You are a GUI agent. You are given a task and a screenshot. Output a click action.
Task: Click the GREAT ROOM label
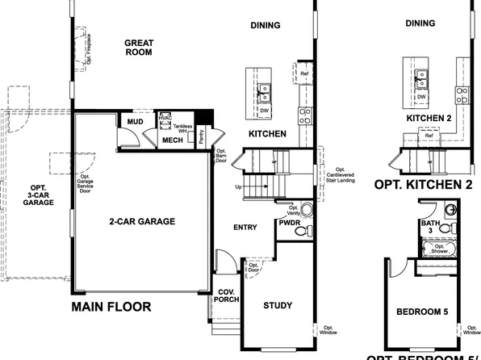point(139,49)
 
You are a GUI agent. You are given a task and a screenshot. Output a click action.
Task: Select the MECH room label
point(173,139)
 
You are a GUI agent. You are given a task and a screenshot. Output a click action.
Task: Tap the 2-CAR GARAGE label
point(142,220)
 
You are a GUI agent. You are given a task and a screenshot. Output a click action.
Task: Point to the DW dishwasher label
point(264,111)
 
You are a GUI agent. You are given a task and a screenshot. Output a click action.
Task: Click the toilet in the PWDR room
point(302,231)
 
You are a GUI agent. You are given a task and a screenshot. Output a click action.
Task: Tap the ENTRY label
point(245,228)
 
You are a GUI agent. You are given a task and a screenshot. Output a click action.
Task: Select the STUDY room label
point(278,305)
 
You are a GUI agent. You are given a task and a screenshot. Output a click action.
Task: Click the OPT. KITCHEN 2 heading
point(423,184)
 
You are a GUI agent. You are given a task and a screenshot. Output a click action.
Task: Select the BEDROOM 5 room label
point(423,312)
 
